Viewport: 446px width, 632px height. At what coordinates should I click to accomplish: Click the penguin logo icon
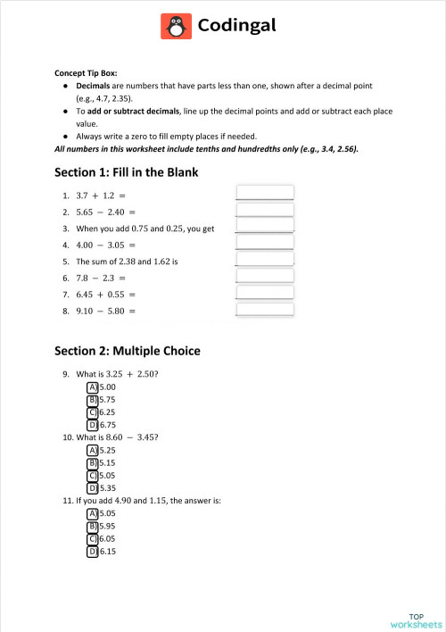pyautogui.click(x=176, y=27)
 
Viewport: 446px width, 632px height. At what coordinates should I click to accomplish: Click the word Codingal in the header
pyautogui.click(x=236, y=27)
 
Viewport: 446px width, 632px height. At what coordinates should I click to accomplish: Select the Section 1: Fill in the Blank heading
pyautogui.click(x=126, y=172)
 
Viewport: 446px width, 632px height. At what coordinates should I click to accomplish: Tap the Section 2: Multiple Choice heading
pyautogui.click(x=128, y=351)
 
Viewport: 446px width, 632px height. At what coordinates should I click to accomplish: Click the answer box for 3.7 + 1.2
pyautogui.click(x=264, y=193)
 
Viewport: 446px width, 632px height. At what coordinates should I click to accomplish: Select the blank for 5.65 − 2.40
pyautogui.click(x=264, y=211)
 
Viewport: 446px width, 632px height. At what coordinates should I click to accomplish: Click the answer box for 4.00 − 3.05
pyautogui.click(x=264, y=244)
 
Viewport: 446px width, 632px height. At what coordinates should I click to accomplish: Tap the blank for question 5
pyautogui.click(x=264, y=260)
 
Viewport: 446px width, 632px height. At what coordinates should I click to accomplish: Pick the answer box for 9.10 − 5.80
pyautogui.click(x=264, y=310)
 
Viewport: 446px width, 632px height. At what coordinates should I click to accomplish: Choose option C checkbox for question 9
pyautogui.click(x=92, y=412)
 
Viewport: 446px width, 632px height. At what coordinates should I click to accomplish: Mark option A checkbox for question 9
pyautogui.click(x=92, y=387)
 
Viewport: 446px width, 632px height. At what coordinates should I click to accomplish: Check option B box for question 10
pyautogui.click(x=92, y=463)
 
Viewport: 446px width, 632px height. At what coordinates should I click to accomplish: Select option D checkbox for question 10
pyautogui.click(x=92, y=488)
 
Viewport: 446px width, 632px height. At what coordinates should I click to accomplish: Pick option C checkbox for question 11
pyautogui.click(x=92, y=539)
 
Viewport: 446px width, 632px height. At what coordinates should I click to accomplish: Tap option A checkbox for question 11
pyautogui.click(x=92, y=514)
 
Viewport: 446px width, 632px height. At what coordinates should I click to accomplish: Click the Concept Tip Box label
pyautogui.click(x=86, y=73)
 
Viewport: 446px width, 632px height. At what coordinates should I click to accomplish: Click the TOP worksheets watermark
pyautogui.click(x=416, y=620)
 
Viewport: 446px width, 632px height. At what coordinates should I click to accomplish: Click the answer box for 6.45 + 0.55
pyautogui.click(x=264, y=294)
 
